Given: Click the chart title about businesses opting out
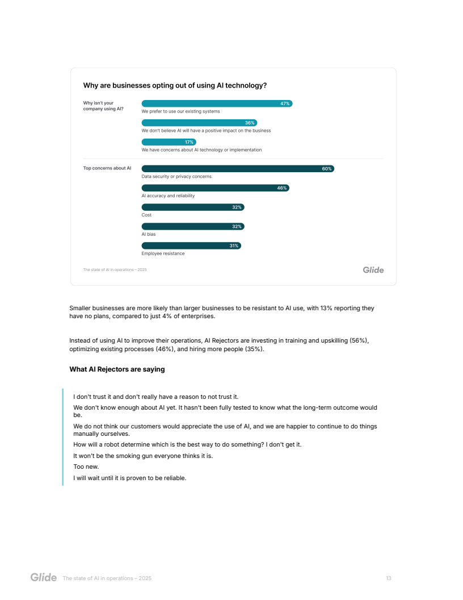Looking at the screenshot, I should pos(175,86).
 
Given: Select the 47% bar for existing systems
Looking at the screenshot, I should pos(217,103).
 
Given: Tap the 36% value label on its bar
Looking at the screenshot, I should pos(250,123).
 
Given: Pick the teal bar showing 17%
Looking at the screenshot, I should pos(169,142).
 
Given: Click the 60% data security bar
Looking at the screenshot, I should pos(237,169).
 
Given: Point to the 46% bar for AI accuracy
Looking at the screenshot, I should pos(215,188).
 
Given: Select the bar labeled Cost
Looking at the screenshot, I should pos(192,207).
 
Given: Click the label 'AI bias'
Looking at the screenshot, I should pos(149,234).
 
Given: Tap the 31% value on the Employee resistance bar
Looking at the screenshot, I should pos(234,246).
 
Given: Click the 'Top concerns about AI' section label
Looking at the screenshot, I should pos(107,168).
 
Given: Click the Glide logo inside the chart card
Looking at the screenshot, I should pos(373,270).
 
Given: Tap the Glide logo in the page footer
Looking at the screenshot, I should pos(44,578).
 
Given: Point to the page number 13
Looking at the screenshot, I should pos(389,578).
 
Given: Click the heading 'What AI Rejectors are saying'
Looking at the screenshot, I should pos(117,369).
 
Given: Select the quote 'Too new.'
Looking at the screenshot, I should pos(86,466).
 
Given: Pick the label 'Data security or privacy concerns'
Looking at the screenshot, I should pos(176,177).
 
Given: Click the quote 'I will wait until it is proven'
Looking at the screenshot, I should pos(130,477).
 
